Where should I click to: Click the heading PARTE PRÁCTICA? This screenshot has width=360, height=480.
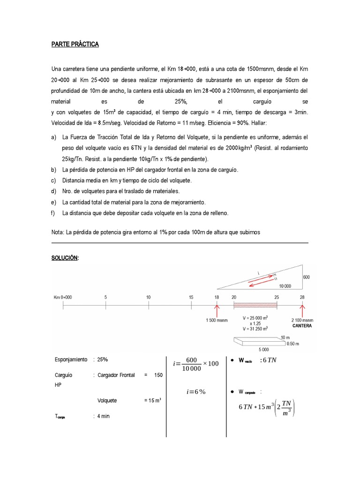click(75, 45)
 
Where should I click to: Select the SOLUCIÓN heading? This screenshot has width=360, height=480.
click(65, 258)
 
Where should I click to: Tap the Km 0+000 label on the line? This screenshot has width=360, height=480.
click(63, 297)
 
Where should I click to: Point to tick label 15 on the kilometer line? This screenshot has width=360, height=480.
click(191, 297)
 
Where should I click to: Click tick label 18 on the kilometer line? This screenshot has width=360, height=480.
click(217, 297)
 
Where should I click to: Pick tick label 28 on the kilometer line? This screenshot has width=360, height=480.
click(302, 297)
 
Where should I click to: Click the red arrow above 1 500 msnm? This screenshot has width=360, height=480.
click(217, 310)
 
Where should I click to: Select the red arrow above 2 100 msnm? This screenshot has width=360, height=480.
click(302, 310)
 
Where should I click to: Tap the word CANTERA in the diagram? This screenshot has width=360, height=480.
click(302, 325)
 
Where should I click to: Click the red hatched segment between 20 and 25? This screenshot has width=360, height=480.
click(255, 305)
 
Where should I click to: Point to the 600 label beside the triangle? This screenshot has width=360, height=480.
click(306, 277)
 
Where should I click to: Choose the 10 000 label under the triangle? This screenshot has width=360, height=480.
click(285, 285)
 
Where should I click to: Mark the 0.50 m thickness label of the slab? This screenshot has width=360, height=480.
click(293, 343)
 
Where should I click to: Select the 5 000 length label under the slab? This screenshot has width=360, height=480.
click(264, 349)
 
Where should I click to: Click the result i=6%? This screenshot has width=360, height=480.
click(196, 392)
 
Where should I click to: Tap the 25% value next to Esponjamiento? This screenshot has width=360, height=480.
click(103, 360)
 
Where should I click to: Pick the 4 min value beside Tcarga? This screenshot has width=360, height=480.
click(103, 416)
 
